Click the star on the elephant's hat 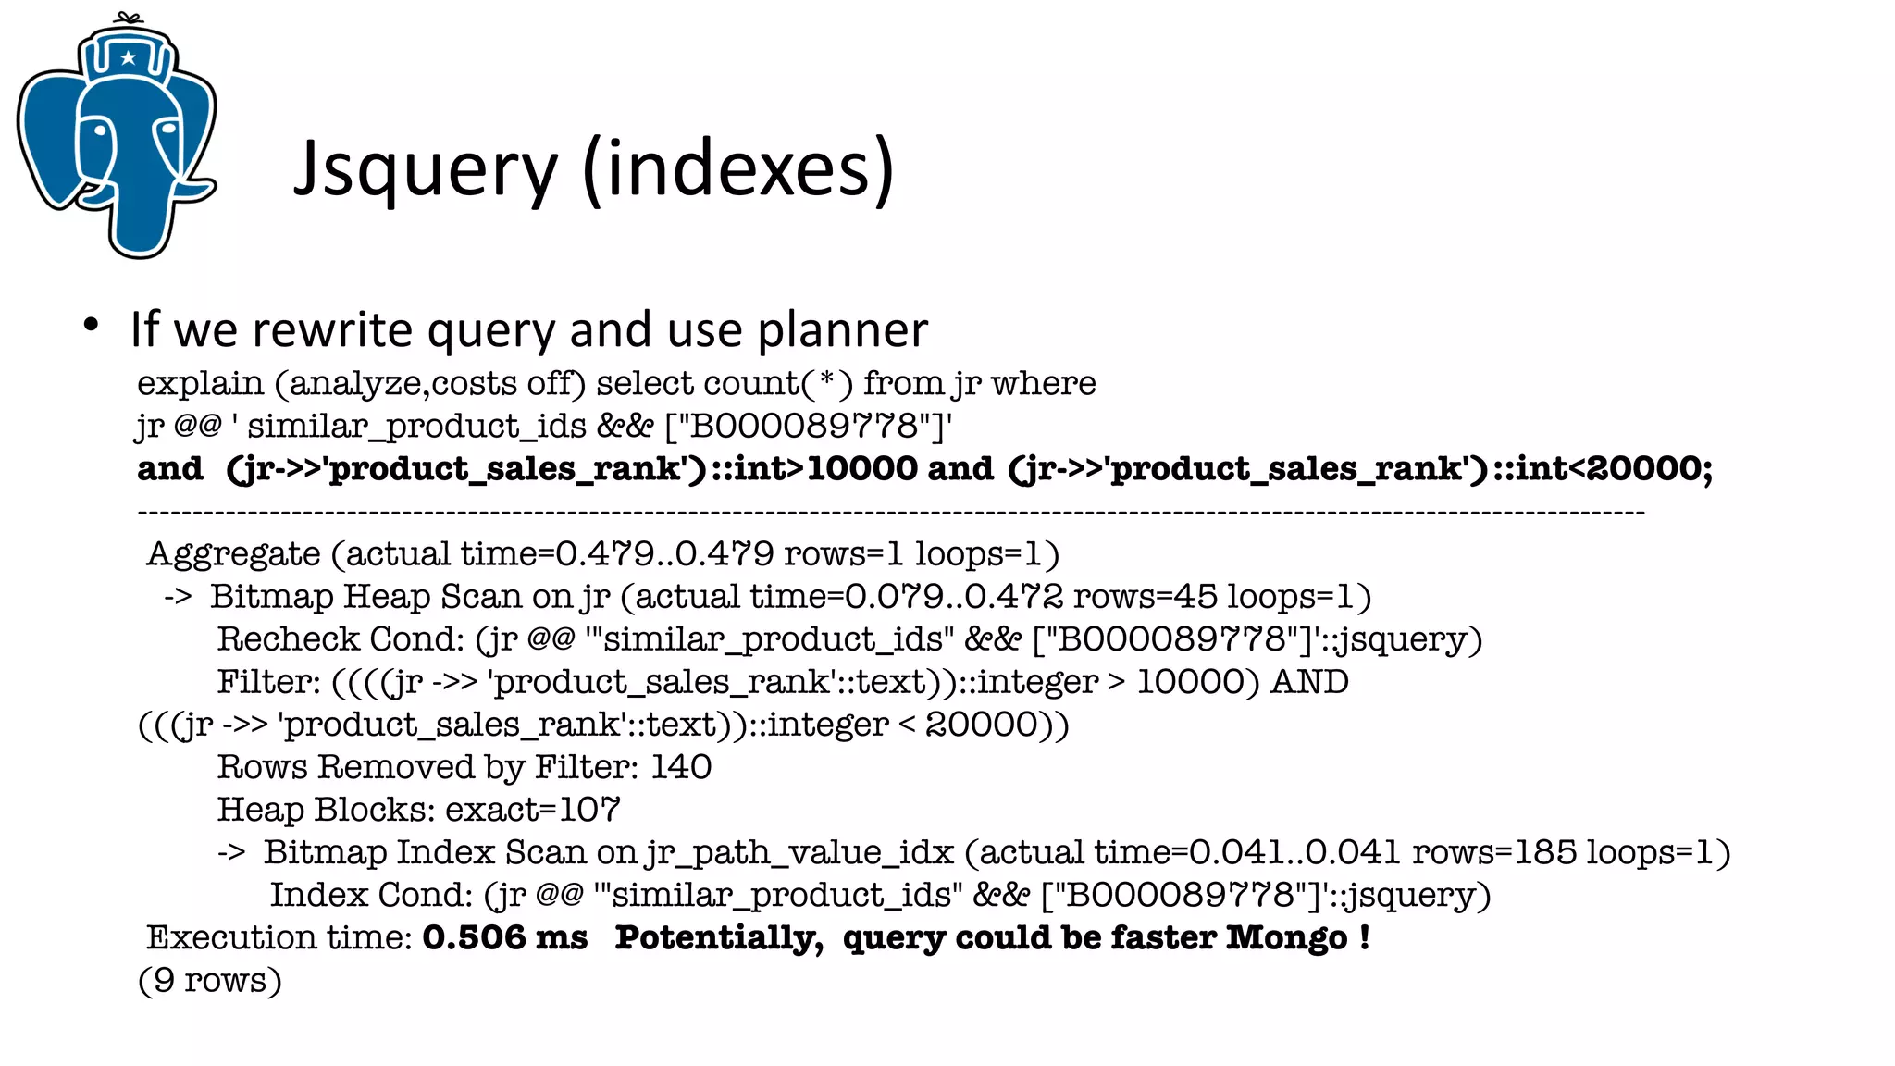click(x=129, y=58)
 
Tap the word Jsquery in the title click(x=426, y=170)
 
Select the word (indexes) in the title click(x=738, y=168)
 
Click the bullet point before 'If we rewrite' click(x=90, y=325)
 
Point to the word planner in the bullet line click(x=842, y=330)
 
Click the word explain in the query click(x=200, y=383)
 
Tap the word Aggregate click(x=233, y=554)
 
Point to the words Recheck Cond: click(x=341, y=639)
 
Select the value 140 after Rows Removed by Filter click(x=681, y=767)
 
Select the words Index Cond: click(x=371, y=895)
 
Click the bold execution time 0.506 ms click(x=504, y=937)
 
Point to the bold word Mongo click(x=1287, y=937)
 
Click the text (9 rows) click(x=210, y=980)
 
